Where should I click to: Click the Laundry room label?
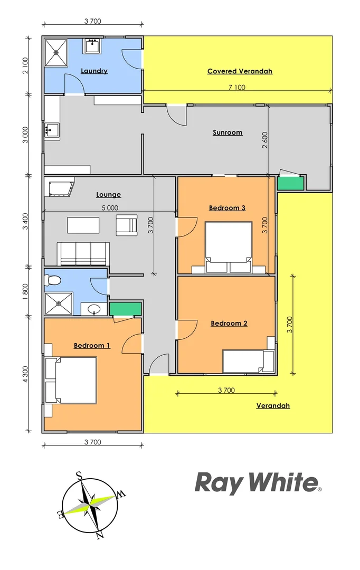pos(94,71)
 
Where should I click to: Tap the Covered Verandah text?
pos(240,71)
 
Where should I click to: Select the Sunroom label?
pos(228,132)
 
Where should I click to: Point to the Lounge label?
pos(108,195)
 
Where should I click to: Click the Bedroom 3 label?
pos(227,208)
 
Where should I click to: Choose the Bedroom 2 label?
pos(229,324)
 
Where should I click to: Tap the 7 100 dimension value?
pos(236,88)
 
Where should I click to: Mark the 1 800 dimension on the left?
pos(26,292)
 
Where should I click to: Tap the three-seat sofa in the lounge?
pos(83,253)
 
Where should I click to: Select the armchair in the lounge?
pos(127,225)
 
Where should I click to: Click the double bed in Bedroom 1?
pos(71,380)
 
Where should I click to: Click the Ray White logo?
pos(258,482)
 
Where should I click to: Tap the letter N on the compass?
pos(99,535)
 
